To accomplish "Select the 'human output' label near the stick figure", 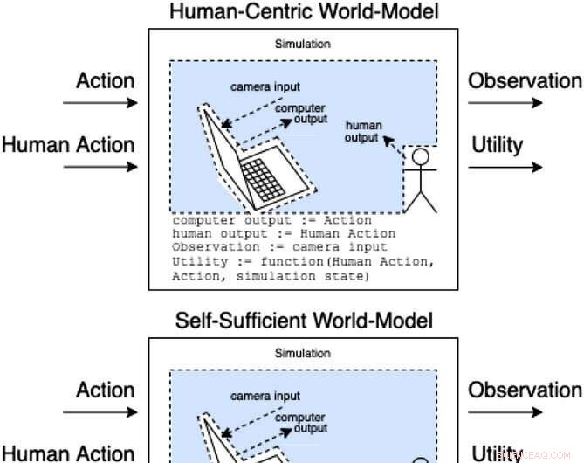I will tap(362, 132).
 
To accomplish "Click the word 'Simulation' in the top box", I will tap(302, 44).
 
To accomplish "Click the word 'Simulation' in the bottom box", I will tap(302, 353).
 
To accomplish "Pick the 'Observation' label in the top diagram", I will tap(525, 81).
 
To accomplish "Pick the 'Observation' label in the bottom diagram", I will tap(525, 390).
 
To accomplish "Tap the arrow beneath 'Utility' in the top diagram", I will tap(505, 166).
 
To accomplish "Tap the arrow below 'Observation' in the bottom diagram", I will tap(505, 412).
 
